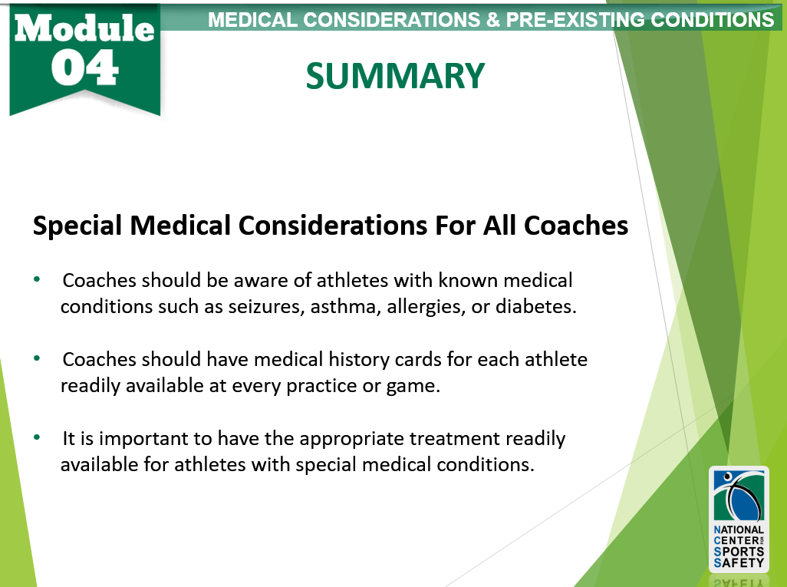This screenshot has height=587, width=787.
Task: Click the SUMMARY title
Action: pos(395,76)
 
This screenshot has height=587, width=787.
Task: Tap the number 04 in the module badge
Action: pos(85,68)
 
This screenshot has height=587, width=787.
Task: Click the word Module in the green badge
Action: pos(84,28)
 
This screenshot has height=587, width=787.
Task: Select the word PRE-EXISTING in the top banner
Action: pos(575,20)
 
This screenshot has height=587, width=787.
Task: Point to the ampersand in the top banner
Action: pos(492,20)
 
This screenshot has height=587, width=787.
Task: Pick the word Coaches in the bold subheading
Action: pos(576,225)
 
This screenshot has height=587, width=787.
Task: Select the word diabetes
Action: pos(536,306)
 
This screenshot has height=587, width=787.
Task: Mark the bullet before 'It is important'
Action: pos(37,437)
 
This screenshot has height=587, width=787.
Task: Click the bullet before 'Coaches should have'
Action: pos(37,358)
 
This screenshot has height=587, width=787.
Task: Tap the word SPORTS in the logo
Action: pos(739,552)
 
